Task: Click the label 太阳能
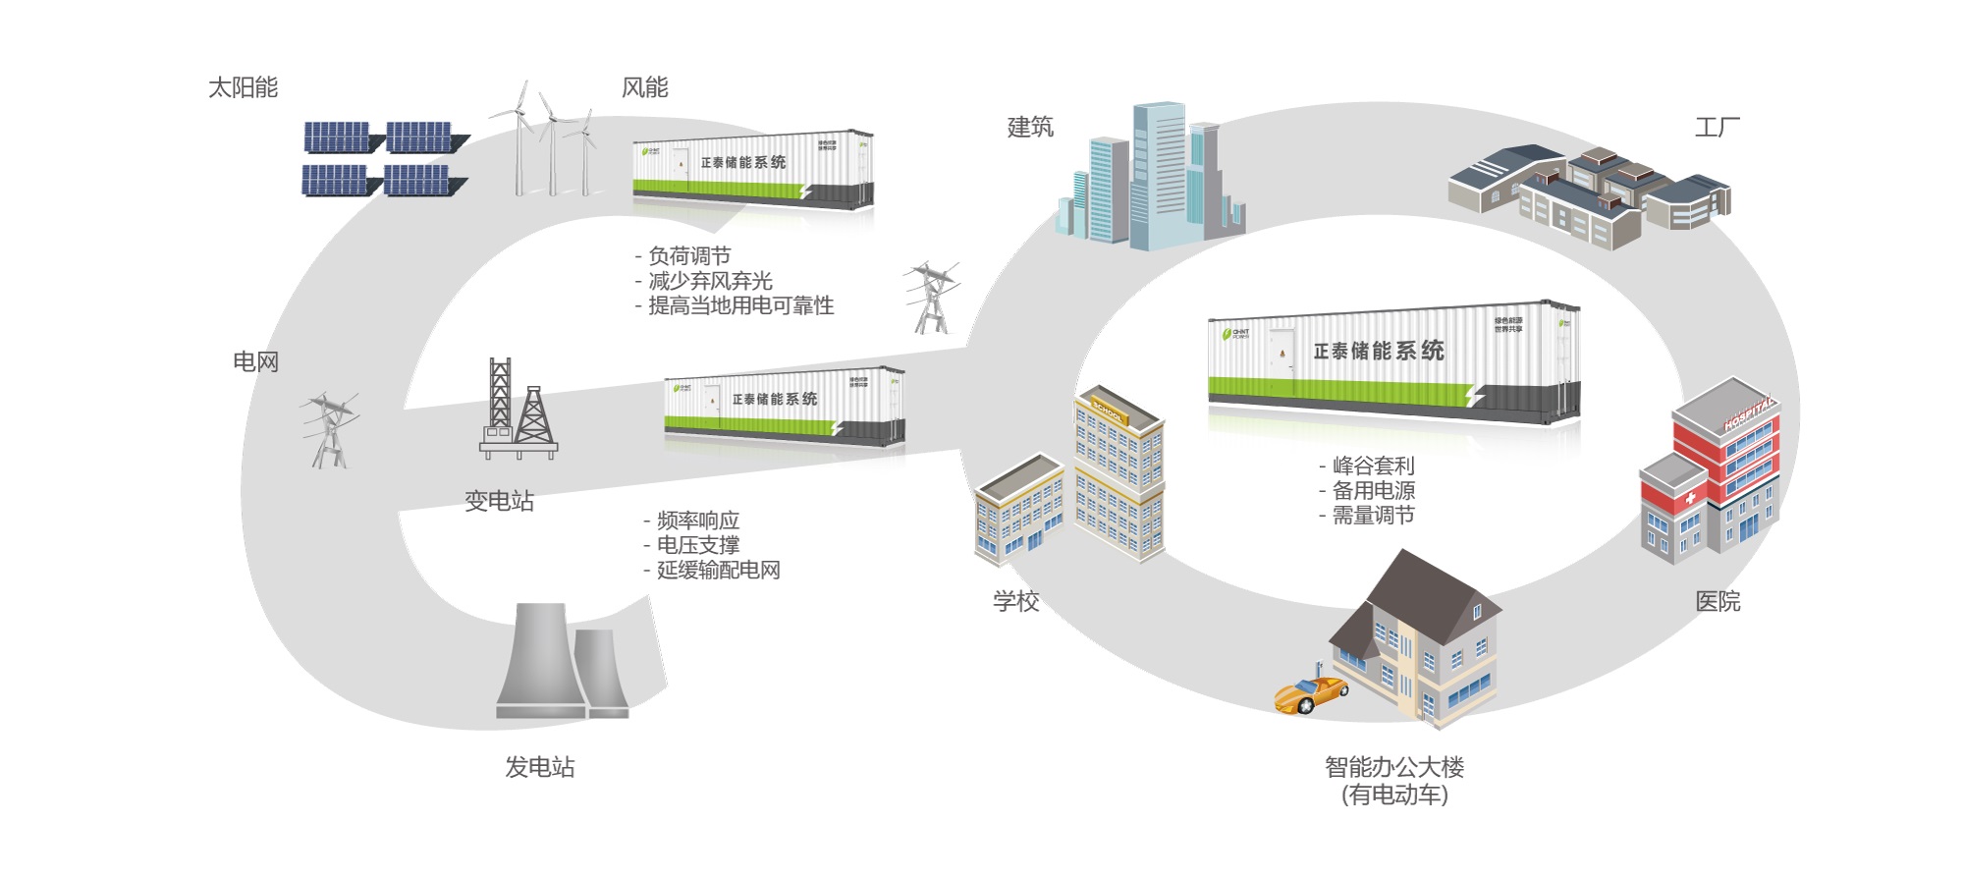pyautogui.click(x=243, y=88)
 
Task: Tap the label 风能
pyautogui.click(x=644, y=88)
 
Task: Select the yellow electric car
pyautogui.click(x=1310, y=692)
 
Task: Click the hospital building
pyautogui.click(x=1714, y=471)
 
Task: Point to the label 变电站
pyautogui.click(x=499, y=501)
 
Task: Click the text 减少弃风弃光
pyautogui.click(x=710, y=281)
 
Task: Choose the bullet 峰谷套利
pyautogui.click(x=1373, y=466)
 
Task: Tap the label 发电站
pyautogui.click(x=540, y=767)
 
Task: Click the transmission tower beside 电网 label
pyautogui.click(x=328, y=430)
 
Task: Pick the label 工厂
pyautogui.click(x=1717, y=128)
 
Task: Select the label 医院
pyautogui.click(x=1718, y=601)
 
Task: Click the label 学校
pyautogui.click(x=1015, y=601)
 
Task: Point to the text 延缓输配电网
pyautogui.click(x=718, y=570)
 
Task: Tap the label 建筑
pyautogui.click(x=1030, y=128)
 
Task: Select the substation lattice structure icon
pyautogui.click(x=518, y=411)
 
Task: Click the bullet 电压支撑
pyautogui.click(x=697, y=545)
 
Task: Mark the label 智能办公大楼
pyautogui.click(x=1393, y=767)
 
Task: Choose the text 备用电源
pyautogui.click(x=1373, y=490)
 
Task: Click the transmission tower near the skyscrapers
pyautogui.click(x=931, y=298)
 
